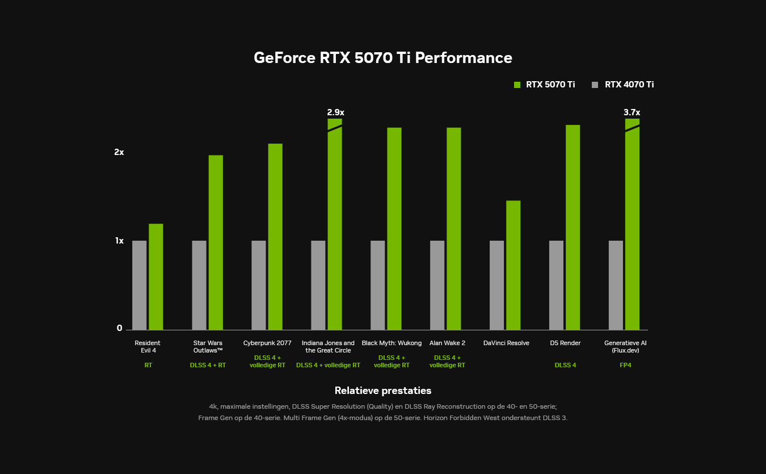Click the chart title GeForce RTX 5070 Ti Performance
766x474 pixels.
[x=382, y=58]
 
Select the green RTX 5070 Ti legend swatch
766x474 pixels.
[x=517, y=85]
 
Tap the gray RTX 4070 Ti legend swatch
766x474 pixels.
[x=595, y=85]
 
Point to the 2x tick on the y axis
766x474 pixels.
[x=119, y=152]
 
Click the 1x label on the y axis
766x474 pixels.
[x=119, y=241]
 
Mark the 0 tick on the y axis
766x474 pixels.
[x=120, y=328]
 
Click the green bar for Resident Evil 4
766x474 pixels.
[x=156, y=277]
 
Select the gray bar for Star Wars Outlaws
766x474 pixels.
[x=199, y=285]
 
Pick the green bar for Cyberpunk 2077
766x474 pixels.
[x=275, y=237]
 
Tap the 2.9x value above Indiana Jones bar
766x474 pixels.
[x=335, y=112]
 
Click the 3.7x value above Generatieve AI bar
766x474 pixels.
[x=632, y=112]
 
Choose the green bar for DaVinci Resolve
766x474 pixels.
[x=513, y=265]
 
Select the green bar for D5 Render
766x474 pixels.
[x=573, y=227]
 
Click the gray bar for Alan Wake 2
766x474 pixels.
[x=437, y=285]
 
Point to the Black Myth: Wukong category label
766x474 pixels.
[x=392, y=343]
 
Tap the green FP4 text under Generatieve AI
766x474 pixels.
[x=625, y=365]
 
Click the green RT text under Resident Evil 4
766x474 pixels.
[x=148, y=365]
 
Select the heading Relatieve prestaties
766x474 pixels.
[x=382, y=391]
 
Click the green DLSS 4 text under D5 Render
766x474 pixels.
[x=565, y=365]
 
